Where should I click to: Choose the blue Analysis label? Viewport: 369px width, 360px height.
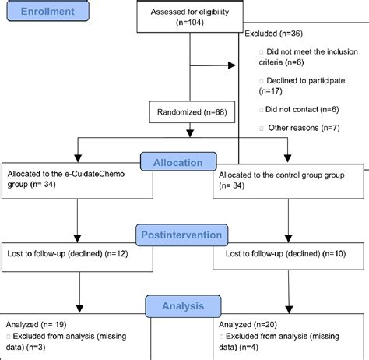pyautogui.click(x=183, y=307)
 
